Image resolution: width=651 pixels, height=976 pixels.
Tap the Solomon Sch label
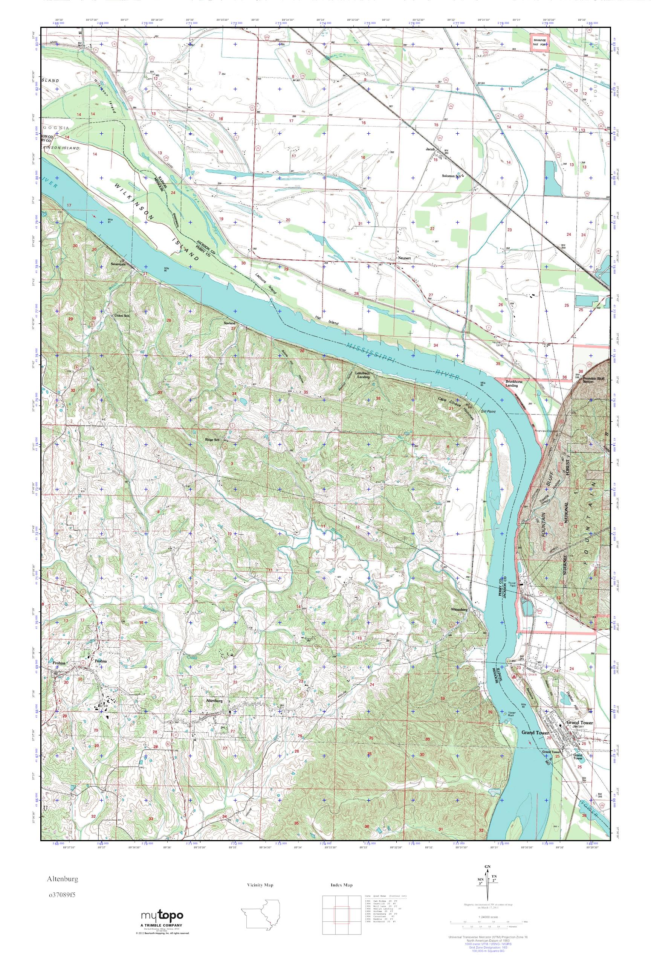(452, 176)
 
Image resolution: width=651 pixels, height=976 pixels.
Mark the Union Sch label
(122, 316)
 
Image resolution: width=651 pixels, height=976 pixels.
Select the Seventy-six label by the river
(118, 264)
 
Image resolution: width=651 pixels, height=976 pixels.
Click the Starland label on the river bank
(229, 323)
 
